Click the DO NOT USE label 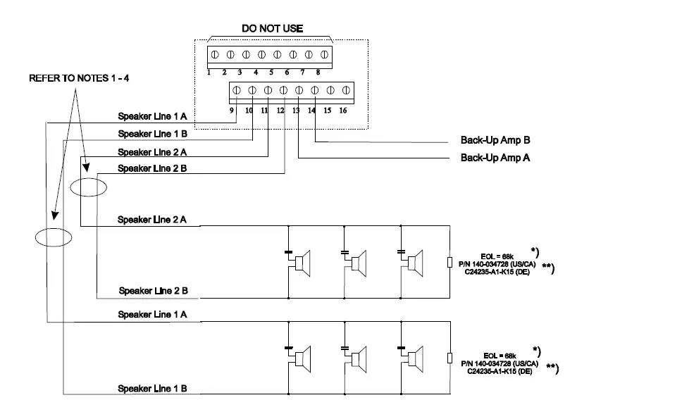coord(272,29)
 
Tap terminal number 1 coord(209,72)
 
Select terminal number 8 coord(318,72)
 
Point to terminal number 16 coord(343,110)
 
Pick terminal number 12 coord(281,111)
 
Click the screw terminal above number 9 coord(237,91)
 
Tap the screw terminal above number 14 coord(314,91)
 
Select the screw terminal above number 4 coord(261,54)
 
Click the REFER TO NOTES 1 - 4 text coord(79,79)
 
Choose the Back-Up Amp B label coord(495,141)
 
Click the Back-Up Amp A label coord(495,158)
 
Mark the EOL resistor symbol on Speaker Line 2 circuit coord(449,263)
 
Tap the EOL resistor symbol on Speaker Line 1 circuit coord(449,358)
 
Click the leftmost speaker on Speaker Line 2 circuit coord(302,263)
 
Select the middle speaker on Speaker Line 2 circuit coord(359,263)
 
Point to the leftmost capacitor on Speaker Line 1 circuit coord(288,346)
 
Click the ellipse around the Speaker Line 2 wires coord(89,187)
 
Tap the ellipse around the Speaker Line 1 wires coord(54,237)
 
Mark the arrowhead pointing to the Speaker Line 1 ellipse coord(54,220)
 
